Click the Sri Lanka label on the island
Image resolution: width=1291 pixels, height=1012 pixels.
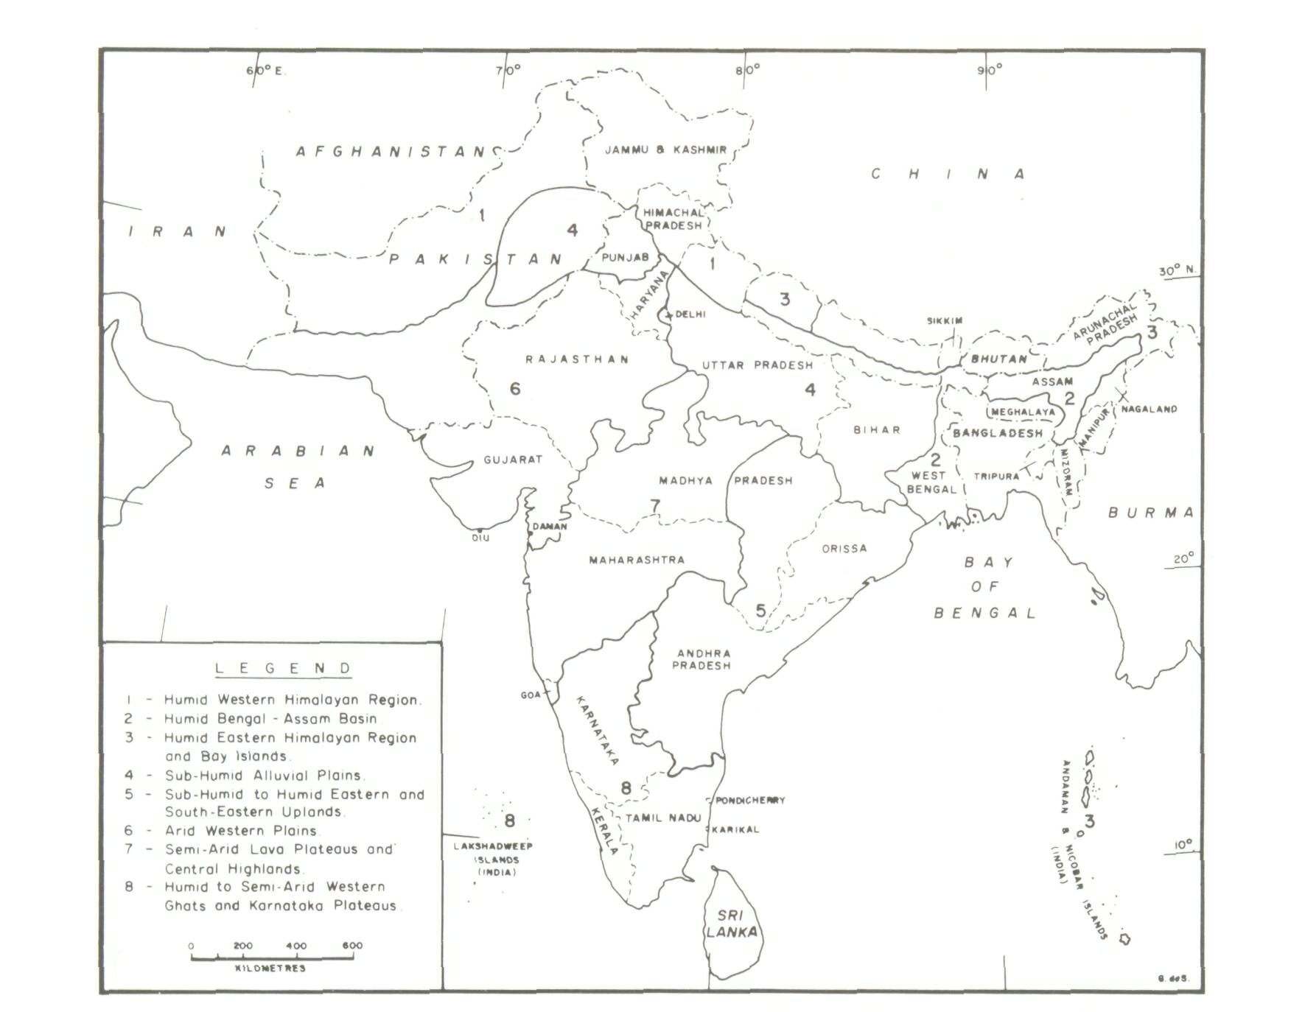click(731, 924)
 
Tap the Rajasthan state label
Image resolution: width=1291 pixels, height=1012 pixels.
click(577, 359)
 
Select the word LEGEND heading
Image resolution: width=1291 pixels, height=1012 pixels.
click(283, 668)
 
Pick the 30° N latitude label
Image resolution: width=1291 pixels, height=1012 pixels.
click(1177, 270)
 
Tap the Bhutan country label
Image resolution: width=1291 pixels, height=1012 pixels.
click(999, 359)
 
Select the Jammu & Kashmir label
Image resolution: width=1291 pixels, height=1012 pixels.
click(665, 150)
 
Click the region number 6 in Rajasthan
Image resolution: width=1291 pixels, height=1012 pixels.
click(515, 388)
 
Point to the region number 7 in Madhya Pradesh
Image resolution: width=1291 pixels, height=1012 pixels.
click(655, 505)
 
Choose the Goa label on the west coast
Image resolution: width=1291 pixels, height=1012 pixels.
click(531, 695)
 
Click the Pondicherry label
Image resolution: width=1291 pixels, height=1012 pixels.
click(749, 800)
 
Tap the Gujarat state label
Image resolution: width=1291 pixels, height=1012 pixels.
click(513, 460)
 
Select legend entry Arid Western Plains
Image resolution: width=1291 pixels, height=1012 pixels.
click(241, 830)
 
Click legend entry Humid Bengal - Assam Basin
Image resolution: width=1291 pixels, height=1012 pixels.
click(270, 718)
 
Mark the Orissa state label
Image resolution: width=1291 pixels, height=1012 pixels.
click(844, 548)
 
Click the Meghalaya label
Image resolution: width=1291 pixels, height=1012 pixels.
click(1023, 412)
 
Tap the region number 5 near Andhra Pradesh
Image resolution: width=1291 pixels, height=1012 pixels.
click(760, 610)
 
